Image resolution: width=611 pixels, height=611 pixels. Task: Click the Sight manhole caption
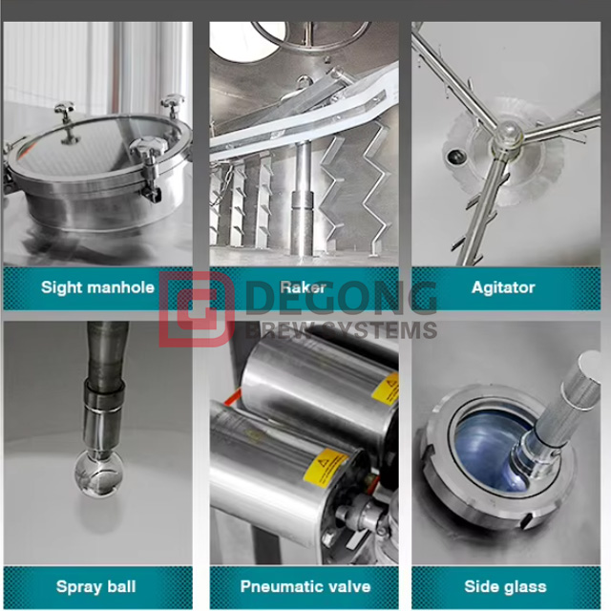(x=97, y=286)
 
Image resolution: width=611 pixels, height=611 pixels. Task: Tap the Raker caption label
(x=303, y=286)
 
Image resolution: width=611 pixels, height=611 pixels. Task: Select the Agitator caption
(x=503, y=286)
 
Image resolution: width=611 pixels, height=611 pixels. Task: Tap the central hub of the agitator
(x=503, y=141)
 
